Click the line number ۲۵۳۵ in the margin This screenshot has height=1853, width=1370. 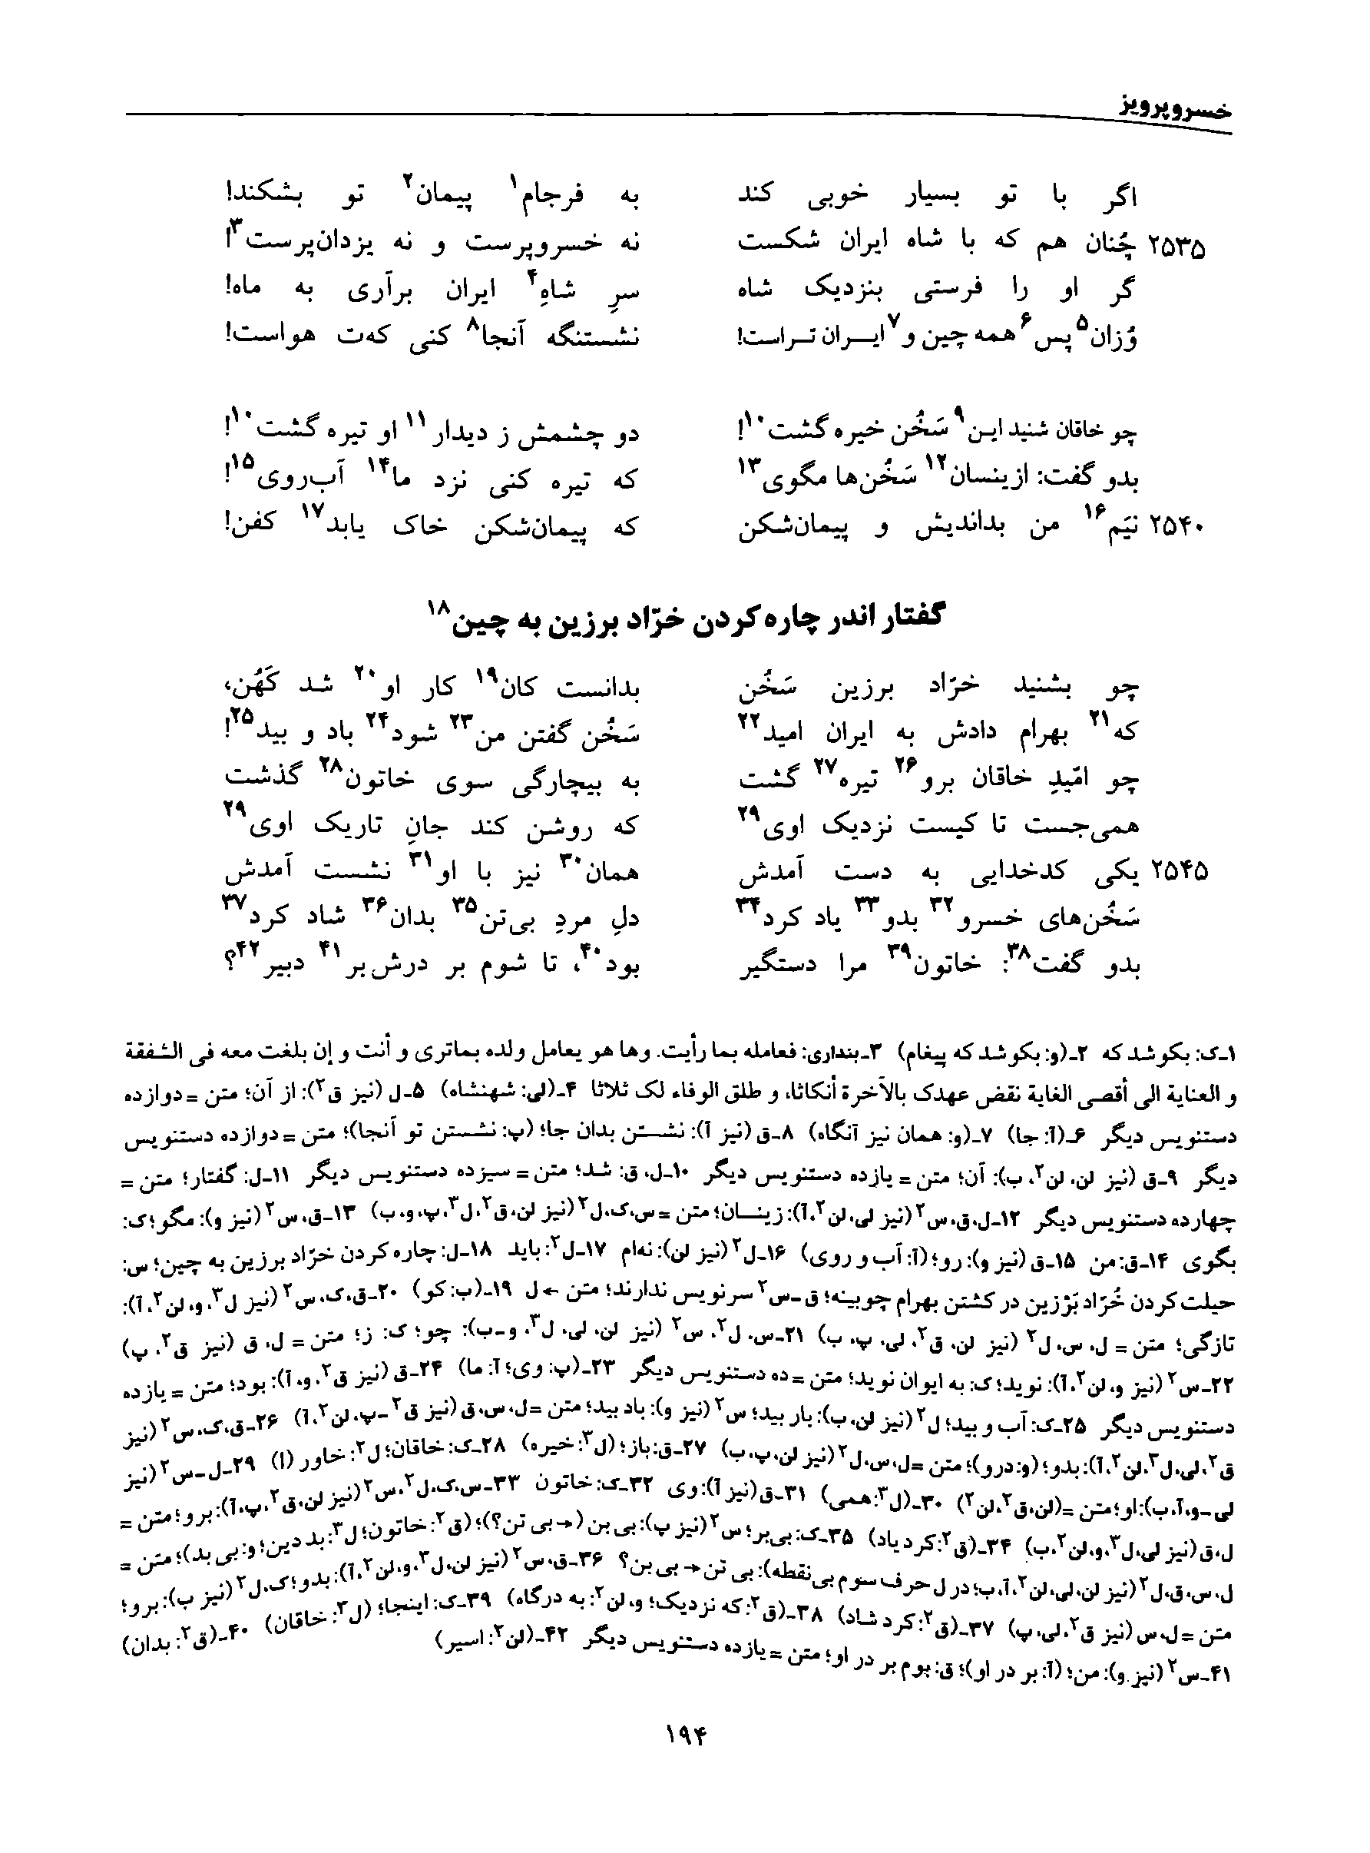[x=1176, y=246]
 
